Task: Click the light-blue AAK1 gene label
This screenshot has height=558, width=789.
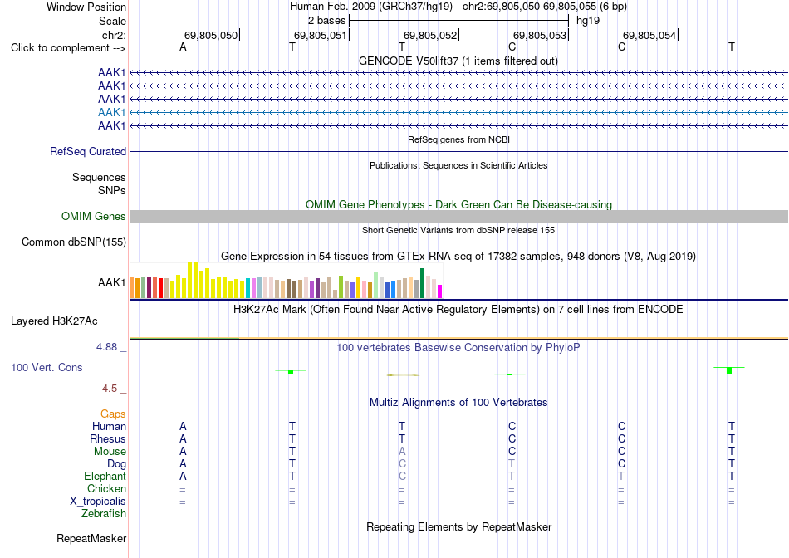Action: click(x=112, y=112)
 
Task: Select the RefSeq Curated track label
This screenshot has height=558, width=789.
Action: click(x=88, y=151)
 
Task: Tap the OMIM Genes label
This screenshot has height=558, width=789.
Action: click(x=94, y=217)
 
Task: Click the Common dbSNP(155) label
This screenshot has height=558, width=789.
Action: click(x=74, y=242)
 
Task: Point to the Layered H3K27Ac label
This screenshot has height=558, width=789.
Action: click(x=54, y=321)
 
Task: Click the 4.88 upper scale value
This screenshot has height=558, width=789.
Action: click(x=106, y=347)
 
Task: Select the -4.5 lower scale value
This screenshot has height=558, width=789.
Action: click(x=108, y=389)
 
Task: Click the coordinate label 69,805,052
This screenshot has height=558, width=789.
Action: click(x=430, y=35)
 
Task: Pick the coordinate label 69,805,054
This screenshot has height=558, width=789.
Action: click(x=649, y=35)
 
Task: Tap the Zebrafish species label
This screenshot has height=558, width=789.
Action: click(x=104, y=514)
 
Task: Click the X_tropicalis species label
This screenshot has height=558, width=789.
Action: click(x=98, y=502)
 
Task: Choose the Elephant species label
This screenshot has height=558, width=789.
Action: click(x=105, y=476)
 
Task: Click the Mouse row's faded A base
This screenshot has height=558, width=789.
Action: click(x=402, y=452)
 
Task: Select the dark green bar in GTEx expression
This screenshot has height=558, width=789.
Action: click(x=422, y=283)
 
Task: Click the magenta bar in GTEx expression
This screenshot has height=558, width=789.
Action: click(x=440, y=291)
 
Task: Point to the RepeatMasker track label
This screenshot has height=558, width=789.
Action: click(x=91, y=538)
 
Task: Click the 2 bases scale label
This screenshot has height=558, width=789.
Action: click(x=327, y=21)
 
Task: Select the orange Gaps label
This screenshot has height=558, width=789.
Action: click(x=113, y=414)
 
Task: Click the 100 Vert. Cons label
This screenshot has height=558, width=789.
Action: click(x=47, y=367)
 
